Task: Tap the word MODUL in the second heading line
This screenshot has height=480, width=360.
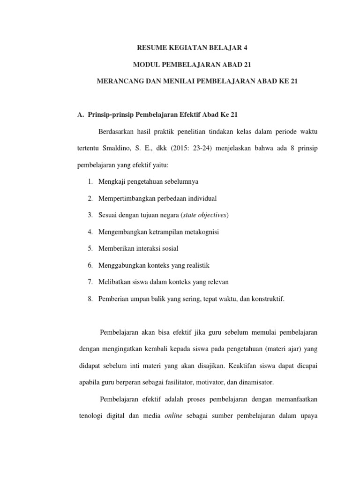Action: pos(145,64)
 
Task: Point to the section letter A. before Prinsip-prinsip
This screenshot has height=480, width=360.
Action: pos(80,114)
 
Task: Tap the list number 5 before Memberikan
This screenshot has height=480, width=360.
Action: pos(90,248)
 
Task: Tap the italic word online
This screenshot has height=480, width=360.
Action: pos(173,416)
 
